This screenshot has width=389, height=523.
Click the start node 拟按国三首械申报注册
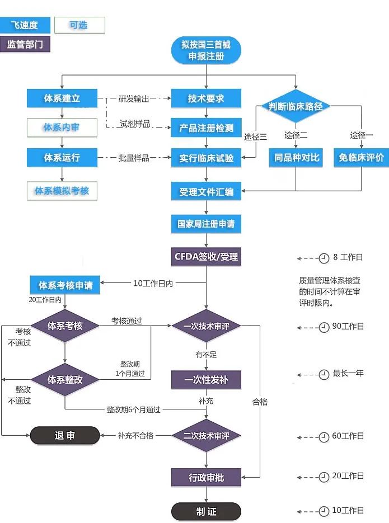point(206,50)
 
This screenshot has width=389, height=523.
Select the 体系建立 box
point(62,98)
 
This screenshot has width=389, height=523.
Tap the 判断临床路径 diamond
point(296,106)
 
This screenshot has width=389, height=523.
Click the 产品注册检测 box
point(206,128)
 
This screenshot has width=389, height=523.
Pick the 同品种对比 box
point(296,158)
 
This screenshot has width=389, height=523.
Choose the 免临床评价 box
point(361,158)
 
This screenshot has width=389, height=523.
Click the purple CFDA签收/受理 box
point(206,257)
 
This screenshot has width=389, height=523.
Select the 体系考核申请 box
point(65,285)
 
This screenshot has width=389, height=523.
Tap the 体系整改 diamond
point(65,380)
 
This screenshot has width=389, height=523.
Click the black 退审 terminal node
point(64,436)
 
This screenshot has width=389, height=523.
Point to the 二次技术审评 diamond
point(206,436)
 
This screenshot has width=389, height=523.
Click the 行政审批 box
point(206,477)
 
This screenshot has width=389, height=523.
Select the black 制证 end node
point(206,512)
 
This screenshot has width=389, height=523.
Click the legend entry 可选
point(79,25)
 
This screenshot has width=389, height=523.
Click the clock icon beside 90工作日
point(324,327)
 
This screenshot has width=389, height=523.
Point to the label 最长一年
point(348,373)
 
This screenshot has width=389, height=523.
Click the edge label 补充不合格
point(135,436)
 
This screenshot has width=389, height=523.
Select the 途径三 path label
point(255,136)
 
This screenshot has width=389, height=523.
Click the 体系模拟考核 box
point(62,191)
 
